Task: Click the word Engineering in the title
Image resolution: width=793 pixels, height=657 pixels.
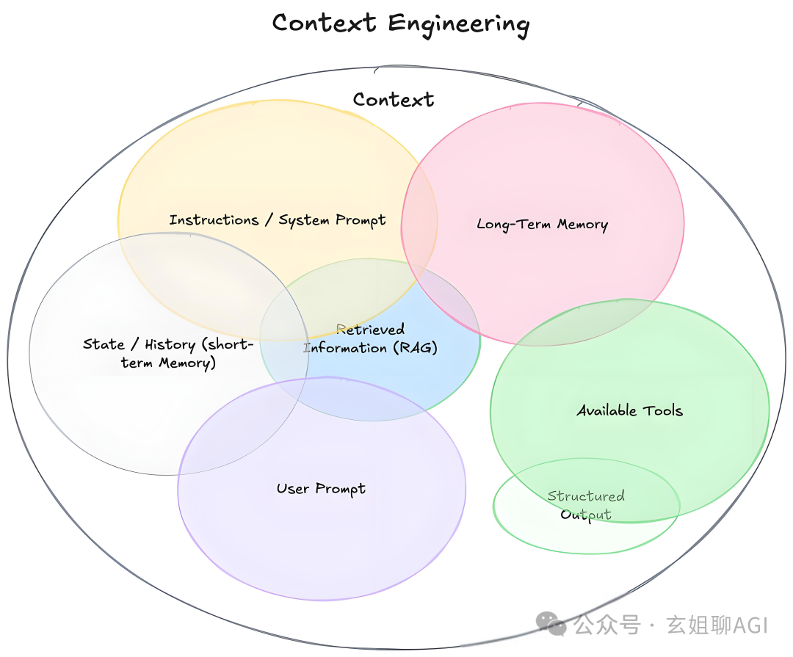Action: pyautogui.click(x=458, y=23)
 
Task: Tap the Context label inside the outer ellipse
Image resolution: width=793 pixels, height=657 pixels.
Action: pyautogui.click(x=394, y=100)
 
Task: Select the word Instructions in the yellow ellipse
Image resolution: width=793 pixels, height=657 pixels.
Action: pyautogui.click(x=214, y=220)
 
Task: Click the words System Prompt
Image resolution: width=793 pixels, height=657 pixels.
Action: pyautogui.click(x=332, y=220)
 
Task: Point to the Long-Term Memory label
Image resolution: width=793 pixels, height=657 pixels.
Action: pyautogui.click(x=543, y=225)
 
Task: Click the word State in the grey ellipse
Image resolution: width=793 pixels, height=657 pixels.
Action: pyautogui.click(x=104, y=344)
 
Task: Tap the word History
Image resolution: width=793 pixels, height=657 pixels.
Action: pyautogui.click(x=170, y=344)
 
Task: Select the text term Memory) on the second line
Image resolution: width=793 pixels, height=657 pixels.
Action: pyautogui.click(x=169, y=363)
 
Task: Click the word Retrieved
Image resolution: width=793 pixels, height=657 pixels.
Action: pyautogui.click(x=370, y=330)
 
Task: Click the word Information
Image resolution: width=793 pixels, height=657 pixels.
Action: pyautogui.click(x=345, y=348)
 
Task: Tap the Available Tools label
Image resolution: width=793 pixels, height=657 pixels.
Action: pyautogui.click(x=629, y=410)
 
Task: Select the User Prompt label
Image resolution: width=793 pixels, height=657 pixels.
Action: pyautogui.click(x=321, y=489)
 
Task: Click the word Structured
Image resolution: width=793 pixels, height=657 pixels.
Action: pyautogui.click(x=586, y=496)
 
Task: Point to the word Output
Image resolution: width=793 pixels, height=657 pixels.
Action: pyautogui.click(x=586, y=515)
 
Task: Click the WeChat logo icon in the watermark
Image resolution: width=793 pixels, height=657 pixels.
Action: pyautogui.click(x=551, y=624)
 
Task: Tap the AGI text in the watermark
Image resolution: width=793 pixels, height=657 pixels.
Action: pyautogui.click(x=750, y=625)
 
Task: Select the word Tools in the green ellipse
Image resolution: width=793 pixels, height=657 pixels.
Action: pyautogui.click(x=663, y=410)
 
